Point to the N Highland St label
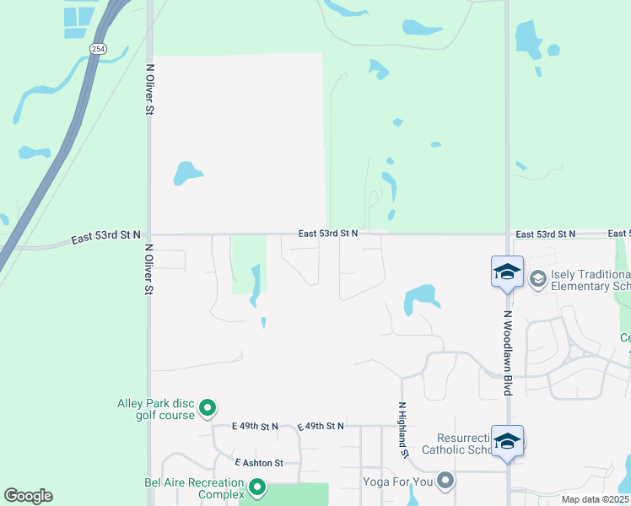[403, 430]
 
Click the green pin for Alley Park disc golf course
[208, 409]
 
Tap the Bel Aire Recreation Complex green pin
[256, 487]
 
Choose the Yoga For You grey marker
[446, 482]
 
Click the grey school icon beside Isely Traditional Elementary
[537, 277]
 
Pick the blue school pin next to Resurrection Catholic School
[507, 441]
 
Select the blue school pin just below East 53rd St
[507, 272]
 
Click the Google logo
[28, 496]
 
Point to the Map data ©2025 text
[595, 499]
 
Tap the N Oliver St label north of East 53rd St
[150, 89]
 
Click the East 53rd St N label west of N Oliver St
[105, 239]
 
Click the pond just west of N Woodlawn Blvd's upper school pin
[421, 299]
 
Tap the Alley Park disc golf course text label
[157, 409]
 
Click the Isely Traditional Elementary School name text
[590, 281]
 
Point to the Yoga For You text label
[397, 482]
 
